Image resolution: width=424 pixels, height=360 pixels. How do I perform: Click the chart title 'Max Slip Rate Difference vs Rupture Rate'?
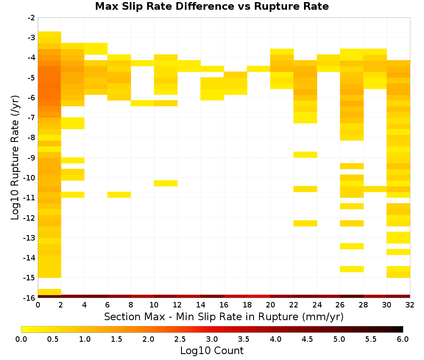(212, 6)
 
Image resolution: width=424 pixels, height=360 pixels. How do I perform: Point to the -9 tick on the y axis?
(31, 158)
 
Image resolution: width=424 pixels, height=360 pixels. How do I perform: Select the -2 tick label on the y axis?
(31, 18)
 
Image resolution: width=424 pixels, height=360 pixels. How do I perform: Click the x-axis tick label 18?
(247, 305)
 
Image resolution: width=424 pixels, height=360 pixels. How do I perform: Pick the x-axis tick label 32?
(410, 305)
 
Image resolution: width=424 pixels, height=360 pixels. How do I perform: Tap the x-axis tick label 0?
(38, 305)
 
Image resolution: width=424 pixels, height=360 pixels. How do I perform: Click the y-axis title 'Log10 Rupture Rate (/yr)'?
(15, 158)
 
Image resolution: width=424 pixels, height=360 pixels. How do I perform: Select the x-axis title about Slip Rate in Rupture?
(224, 316)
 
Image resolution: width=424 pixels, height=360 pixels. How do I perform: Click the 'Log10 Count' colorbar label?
(212, 351)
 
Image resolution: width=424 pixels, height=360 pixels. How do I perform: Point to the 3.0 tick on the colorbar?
(212, 339)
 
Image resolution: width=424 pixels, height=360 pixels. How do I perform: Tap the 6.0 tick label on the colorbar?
(403, 339)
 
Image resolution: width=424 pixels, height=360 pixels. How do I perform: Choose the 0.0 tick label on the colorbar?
(21, 339)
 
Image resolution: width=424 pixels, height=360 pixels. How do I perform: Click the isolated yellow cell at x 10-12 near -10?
(166, 183)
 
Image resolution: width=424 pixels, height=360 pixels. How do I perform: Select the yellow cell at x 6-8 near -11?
(119, 194)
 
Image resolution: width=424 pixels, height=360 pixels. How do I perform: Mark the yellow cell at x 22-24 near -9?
(305, 155)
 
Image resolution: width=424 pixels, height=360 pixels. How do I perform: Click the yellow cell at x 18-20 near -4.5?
(259, 69)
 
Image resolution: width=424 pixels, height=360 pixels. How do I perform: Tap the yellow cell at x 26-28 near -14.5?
(352, 269)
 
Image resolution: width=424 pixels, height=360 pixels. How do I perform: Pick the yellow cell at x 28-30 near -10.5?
(375, 189)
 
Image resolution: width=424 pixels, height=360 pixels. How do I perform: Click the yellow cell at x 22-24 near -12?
(305, 223)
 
